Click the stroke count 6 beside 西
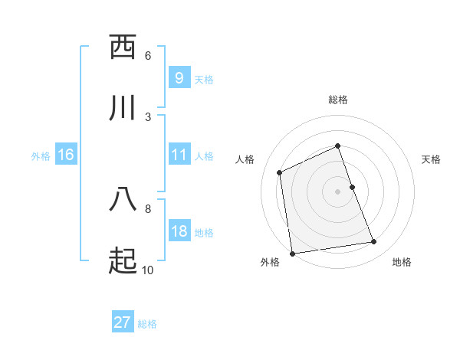[148, 56]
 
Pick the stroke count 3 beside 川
[148, 116]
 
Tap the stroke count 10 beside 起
[148, 270]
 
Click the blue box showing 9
[179, 78]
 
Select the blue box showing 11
[179, 155]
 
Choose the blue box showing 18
[179, 231]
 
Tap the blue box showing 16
[65, 155]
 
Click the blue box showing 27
[123, 322]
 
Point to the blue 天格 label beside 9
[204, 80]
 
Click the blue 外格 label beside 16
[41, 156]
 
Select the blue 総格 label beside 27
[147, 324]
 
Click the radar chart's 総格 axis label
[338, 100]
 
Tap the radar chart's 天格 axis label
[431, 159]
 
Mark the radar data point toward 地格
[374, 242]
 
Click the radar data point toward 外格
[292, 254]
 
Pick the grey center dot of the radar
[338, 191]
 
